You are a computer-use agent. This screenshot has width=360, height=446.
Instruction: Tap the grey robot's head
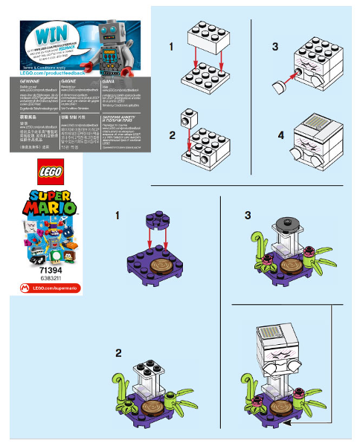tap(109, 32)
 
